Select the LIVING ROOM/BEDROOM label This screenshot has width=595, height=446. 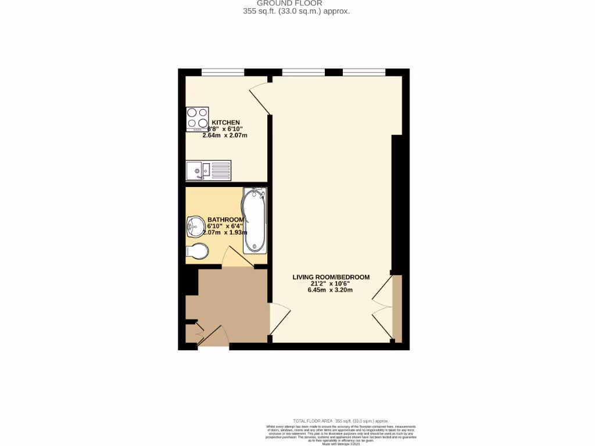click(x=331, y=277)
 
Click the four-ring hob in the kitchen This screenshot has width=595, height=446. click(x=197, y=119)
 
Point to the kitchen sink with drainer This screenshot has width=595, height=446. click(x=209, y=171)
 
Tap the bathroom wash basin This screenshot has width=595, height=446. click(x=195, y=226)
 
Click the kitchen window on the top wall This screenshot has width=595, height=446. click(x=223, y=73)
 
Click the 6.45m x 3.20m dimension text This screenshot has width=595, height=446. click(x=331, y=290)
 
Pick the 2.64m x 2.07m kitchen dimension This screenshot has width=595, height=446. click(x=225, y=135)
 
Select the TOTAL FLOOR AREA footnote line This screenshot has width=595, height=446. click(x=340, y=421)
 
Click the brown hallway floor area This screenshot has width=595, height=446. click(x=232, y=302)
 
